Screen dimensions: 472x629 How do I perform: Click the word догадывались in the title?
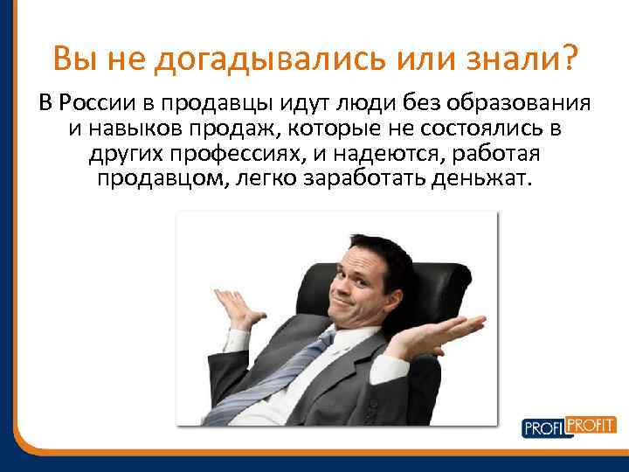click(279, 60)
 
